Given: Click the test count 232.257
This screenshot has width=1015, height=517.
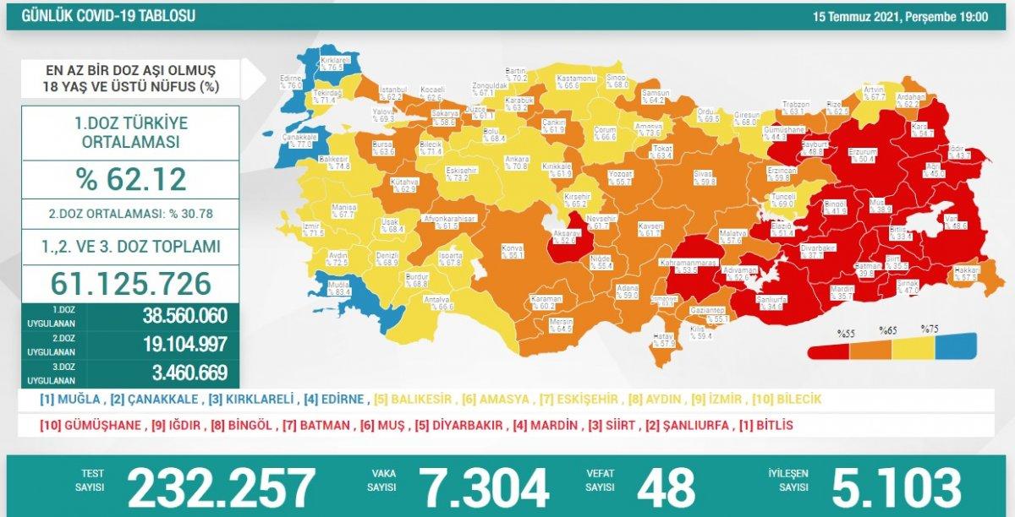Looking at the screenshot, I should pyautogui.click(x=221, y=487).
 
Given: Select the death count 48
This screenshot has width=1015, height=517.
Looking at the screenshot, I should pyautogui.click(x=666, y=487).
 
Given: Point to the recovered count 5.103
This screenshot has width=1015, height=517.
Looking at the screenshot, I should pyautogui.click(x=897, y=487).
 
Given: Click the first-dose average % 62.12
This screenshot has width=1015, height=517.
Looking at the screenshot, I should pyautogui.click(x=130, y=179).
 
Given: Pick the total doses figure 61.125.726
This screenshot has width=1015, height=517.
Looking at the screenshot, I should pyautogui.click(x=130, y=283).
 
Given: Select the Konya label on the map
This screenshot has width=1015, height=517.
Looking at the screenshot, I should pyautogui.click(x=512, y=249).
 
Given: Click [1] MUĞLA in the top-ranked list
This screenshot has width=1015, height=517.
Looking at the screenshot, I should pyautogui.click(x=71, y=400).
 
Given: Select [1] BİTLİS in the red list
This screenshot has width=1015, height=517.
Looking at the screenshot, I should pyautogui.click(x=765, y=425).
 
